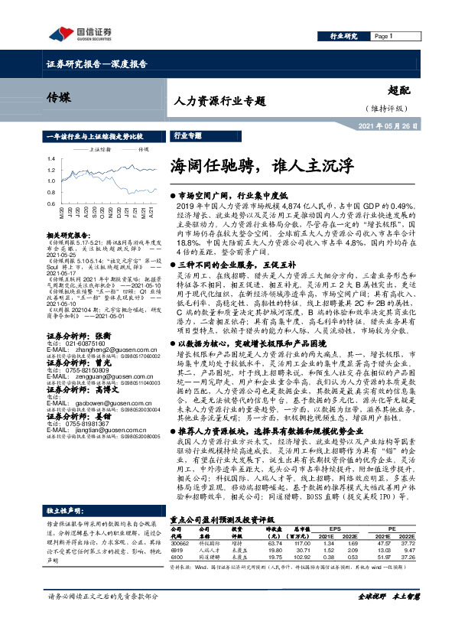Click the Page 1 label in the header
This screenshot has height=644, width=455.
click(x=384, y=36)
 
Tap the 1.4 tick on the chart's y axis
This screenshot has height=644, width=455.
click(x=50, y=159)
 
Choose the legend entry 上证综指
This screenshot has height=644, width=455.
click(x=100, y=150)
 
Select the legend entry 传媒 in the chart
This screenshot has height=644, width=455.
click(x=142, y=150)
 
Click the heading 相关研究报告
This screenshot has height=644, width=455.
click(x=70, y=236)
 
